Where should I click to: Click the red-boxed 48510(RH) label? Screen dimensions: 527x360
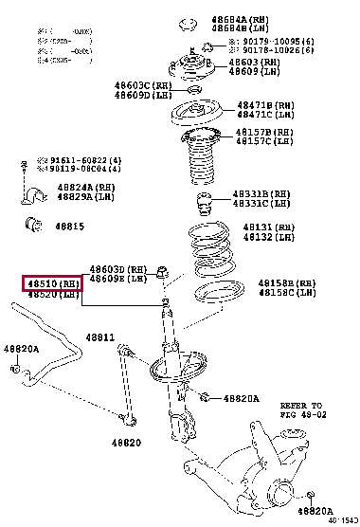click(53, 282)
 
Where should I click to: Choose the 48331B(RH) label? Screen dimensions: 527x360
click(262, 194)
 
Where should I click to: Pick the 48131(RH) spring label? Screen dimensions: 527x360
click(269, 228)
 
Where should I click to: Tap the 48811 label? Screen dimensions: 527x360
click(100, 337)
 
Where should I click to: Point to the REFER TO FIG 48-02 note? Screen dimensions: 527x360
click(302, 409)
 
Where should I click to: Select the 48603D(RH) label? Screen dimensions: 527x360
click(119, 269)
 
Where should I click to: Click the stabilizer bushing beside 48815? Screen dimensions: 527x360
click(32, 226)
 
